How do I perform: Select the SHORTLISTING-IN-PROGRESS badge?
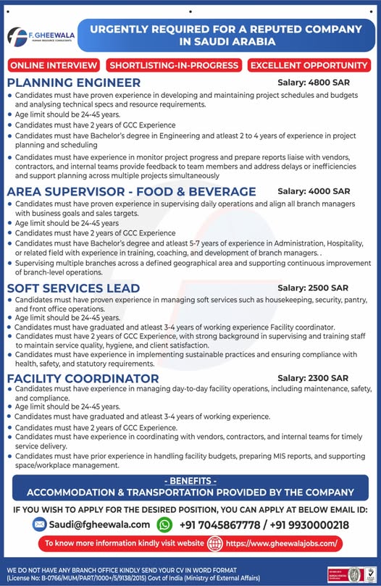pyautogui.click(x=174, y=65)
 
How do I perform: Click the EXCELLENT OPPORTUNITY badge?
pyautogui.click(x=309, y=65)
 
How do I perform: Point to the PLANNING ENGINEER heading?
pyautogui.click(x=74, y=83)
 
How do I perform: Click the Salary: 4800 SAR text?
pyautogui.click(x=314, y=83)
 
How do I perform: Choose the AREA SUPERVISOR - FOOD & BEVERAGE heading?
pyautogui.click(x=131, y=192)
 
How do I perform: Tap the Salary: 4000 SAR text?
pyautogui.click(x=314, y=192)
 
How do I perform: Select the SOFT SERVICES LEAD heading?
pyautogui.click(x=73, y=288)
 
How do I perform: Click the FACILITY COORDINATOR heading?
pyautogui.click(x=83, y=378)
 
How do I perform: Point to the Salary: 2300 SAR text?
pyautogui.click(x=313, y=378)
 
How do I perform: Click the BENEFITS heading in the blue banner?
pyautogui.click(x=190, y=480)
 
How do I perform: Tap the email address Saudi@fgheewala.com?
pyautogui.click(x=100, y=524)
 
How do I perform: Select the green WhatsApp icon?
pyautogui.click(x=165, y=524)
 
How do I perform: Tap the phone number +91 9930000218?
pyautogui.click(x=312, y=524)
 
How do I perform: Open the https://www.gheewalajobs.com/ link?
pyautogui.click(x=281, y=543)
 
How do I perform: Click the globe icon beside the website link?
pyautogui.click(x=215, y=543)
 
